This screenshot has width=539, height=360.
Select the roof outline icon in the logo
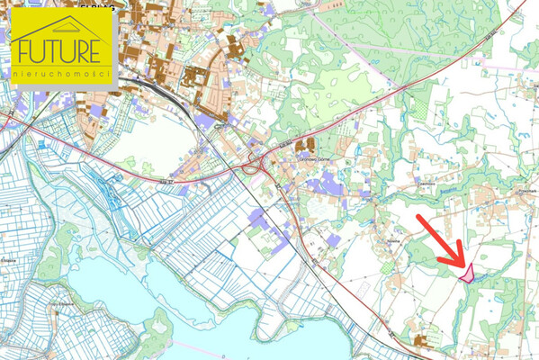[x=61, y=26]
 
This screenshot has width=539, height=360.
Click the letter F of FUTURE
[x=21, y=49]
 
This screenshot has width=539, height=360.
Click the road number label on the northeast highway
[x=489, y=35]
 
